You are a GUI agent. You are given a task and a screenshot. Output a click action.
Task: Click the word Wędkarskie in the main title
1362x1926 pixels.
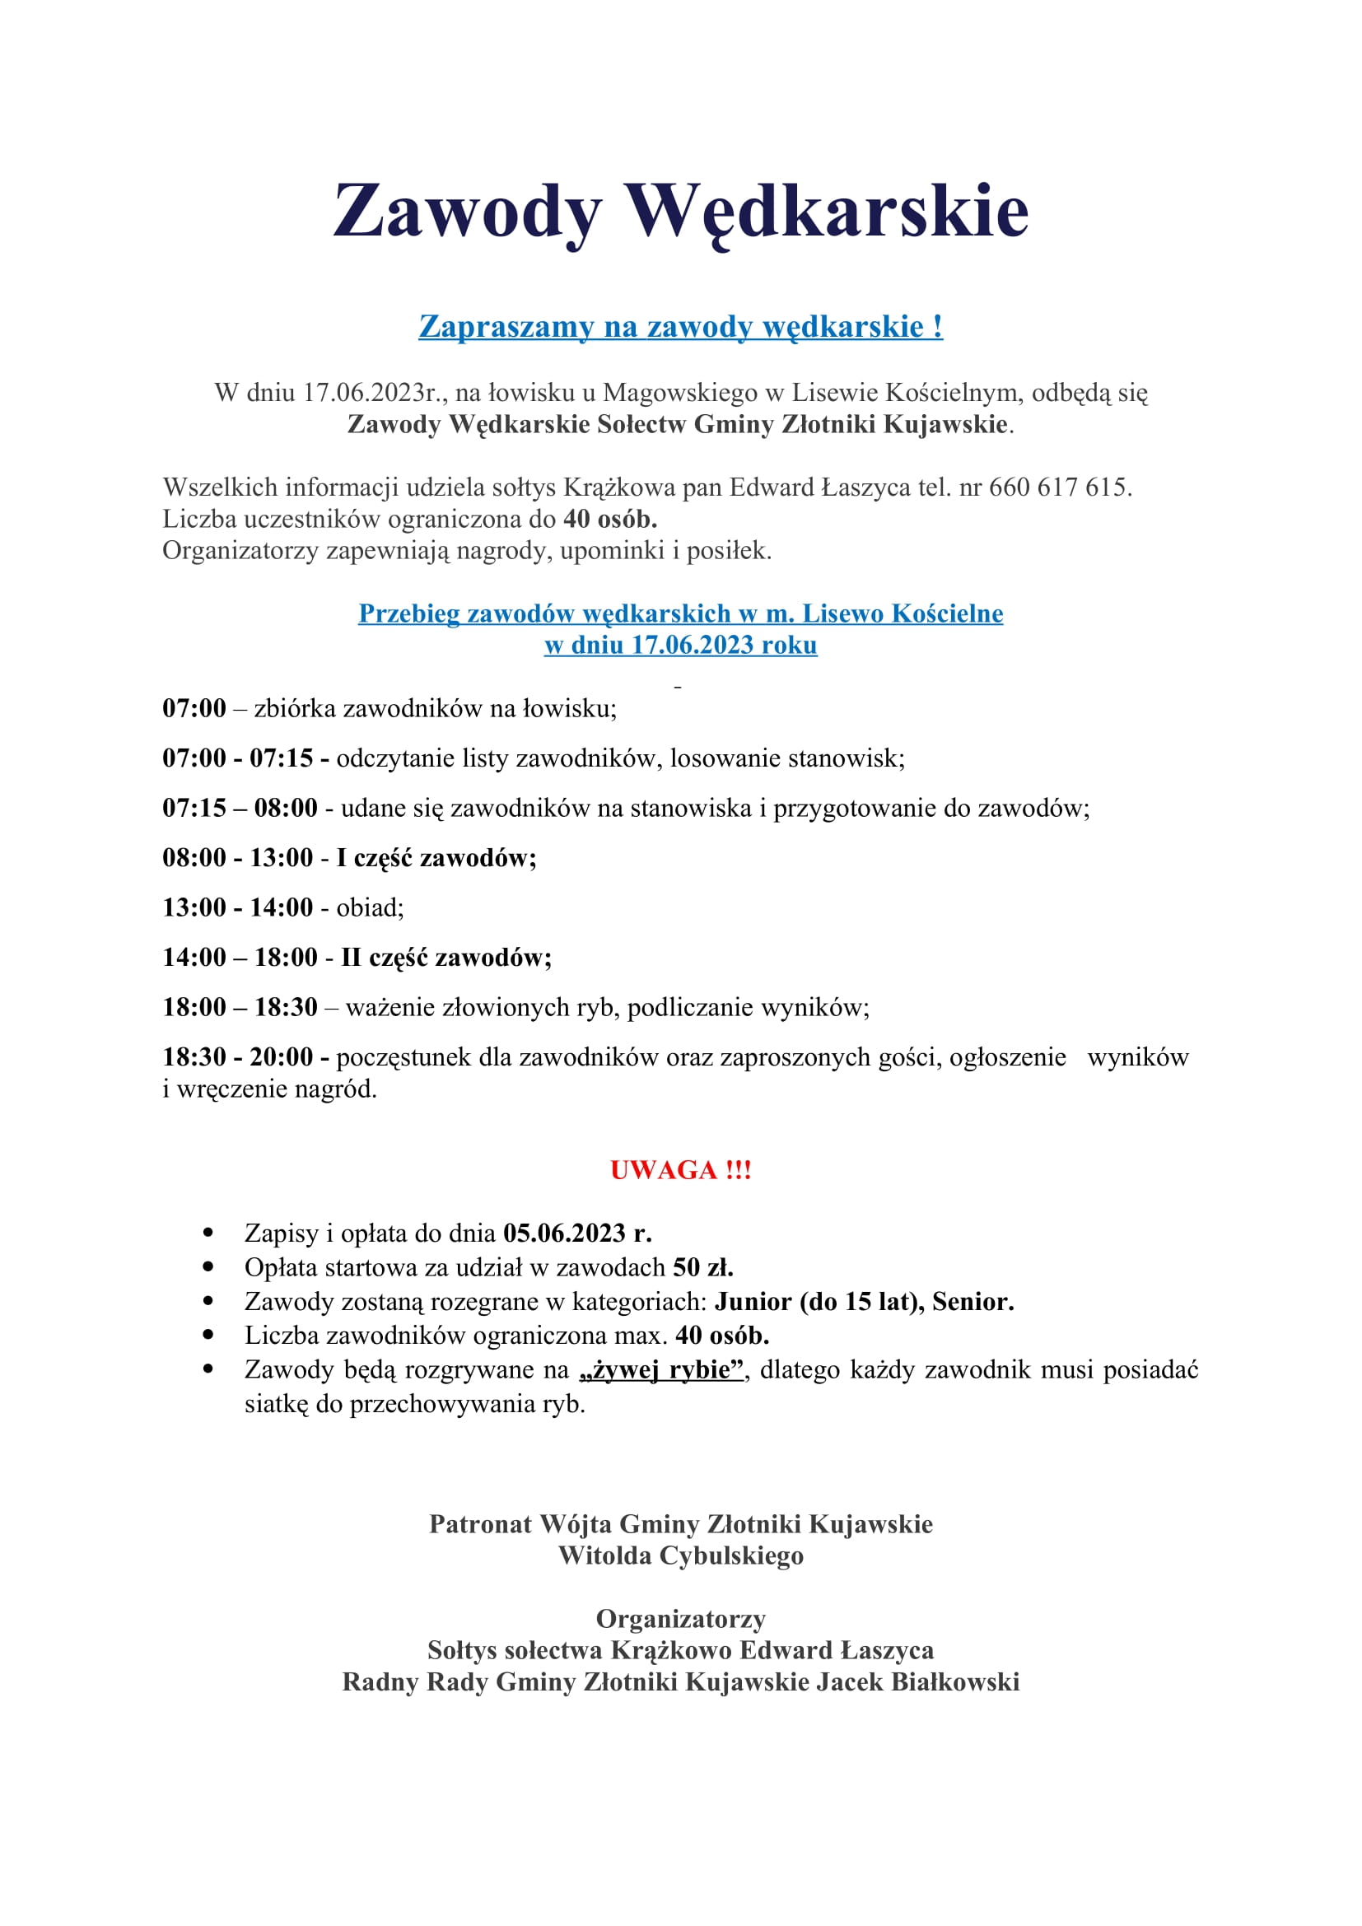coord(828,212)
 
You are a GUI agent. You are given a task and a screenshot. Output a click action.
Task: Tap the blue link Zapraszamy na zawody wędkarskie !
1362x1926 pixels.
coord(680,326)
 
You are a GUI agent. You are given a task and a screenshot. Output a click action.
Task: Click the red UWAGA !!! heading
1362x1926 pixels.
coord(680,1170)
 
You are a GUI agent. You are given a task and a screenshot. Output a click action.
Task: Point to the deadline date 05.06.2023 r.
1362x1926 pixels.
coord(577,1233)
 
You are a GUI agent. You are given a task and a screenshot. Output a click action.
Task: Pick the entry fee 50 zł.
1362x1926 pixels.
coord(702,1267)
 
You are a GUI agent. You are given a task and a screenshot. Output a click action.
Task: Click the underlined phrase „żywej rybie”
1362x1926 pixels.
coord(662,1370)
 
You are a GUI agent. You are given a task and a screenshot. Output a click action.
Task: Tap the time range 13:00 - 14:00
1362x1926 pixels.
coord(237,907)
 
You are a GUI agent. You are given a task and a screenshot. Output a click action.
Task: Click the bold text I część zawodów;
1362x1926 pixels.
coord(436,858)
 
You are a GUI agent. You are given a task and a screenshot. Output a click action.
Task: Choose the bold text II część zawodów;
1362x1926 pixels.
coord(446,958)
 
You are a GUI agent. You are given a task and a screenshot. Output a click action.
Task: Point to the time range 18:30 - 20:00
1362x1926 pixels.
coord(237,1057)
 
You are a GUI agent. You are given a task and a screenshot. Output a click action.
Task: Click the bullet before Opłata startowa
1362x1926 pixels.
coord(209,1267)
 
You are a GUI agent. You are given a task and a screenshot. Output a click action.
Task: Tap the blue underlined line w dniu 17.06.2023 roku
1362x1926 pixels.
coord(680,645)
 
